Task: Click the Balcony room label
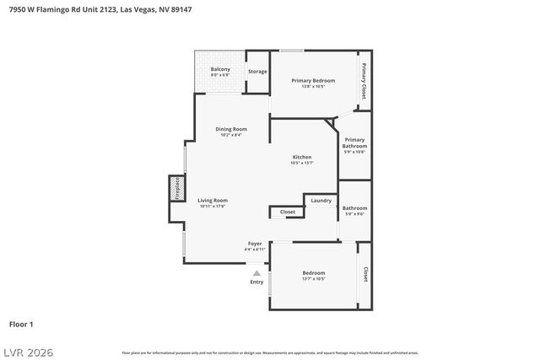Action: (x=220, y=72)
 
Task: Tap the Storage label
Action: (x=257, y=72)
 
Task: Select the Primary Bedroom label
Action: (x=313, y=83)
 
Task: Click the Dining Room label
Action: (x=230, y=132)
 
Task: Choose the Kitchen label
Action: (x=302, y=159)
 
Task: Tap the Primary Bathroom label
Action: (x=354, y=145)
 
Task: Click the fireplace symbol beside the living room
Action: (x=176, y=189)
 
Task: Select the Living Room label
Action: (x=213, y=202)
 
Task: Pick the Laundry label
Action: (x=321, y=201)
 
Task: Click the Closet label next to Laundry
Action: (x=288, y=212)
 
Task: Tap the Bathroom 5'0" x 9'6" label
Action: (x=354, y=210)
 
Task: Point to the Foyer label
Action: (x=255, y=245)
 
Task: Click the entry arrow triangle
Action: (x=256, y=272)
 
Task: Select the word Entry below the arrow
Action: (x=256, y=282)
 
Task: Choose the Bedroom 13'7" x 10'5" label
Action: (x=314, y=276)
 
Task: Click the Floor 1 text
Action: (x=21, y=324)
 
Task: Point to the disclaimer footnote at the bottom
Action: (x=270, y=352)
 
